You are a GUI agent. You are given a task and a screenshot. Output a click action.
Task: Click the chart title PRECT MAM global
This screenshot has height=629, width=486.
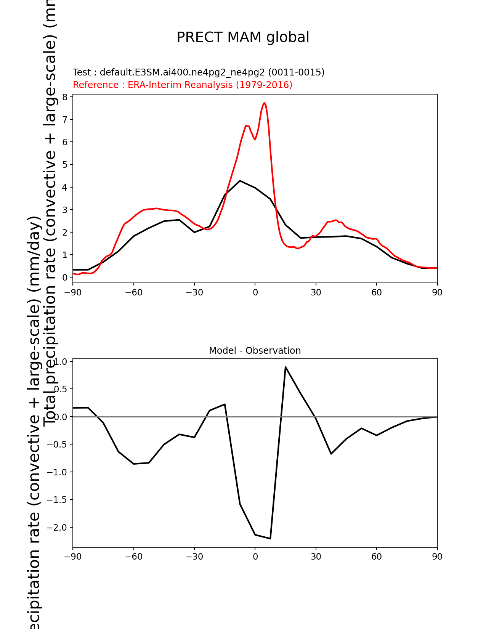[x=243, y=37]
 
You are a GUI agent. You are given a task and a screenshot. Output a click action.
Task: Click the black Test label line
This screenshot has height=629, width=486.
[x=199, y=72]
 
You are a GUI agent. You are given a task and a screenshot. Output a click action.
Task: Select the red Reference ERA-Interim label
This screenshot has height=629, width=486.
[x=183, y=85]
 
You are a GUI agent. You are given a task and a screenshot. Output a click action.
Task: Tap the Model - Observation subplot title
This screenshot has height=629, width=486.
[x=255, y=351]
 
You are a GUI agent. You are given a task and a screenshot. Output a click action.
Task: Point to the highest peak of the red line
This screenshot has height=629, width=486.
[x=264, y=103]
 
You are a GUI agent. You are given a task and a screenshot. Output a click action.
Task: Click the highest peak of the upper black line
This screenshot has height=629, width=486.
[x=240, y=181]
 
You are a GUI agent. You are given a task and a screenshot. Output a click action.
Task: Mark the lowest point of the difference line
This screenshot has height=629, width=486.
[x=270, y=538]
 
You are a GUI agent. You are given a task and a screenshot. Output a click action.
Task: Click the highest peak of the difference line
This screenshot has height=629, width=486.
[x=286, y=367]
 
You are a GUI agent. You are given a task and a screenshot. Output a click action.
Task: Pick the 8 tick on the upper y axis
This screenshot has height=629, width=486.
[x=65, y=97]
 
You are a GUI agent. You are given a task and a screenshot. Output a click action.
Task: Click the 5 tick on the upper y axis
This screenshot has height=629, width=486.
[x=65, y=165]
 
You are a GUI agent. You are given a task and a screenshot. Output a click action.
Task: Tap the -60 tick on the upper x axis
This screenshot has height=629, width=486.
[x=133, y=292]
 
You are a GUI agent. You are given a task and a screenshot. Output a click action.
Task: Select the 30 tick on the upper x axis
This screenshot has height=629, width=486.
[x=316, y=292]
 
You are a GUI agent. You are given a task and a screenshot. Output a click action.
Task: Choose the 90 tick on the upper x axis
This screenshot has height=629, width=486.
[x=437, y=292]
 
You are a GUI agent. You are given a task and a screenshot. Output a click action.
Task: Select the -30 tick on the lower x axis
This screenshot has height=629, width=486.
[x=194, y=557]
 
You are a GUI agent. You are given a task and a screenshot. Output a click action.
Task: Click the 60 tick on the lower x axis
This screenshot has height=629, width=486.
[x=377, y=557]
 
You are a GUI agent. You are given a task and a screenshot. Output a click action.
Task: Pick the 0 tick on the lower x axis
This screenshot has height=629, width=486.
[x=255, y=557]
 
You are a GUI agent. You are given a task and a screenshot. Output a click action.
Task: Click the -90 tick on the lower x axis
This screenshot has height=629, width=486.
[x=72, y=557]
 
